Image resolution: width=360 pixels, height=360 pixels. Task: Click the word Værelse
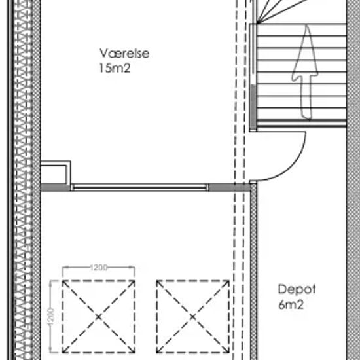point(124,53)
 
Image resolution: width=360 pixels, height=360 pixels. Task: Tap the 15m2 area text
point(115,68)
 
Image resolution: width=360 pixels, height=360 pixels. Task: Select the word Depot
point(297,290)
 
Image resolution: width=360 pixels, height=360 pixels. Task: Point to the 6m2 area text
point(291,304)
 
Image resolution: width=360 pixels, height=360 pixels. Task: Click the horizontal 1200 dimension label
point(98,268)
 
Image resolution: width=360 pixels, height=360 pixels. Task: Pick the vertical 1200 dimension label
point(51,317)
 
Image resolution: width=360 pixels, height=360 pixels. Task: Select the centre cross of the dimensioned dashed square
point(98,317)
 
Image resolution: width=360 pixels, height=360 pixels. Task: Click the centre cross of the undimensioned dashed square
point(193,317)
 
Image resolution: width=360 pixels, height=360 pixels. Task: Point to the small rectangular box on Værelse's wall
point(56,172)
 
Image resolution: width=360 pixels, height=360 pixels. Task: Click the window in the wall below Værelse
point(140,187)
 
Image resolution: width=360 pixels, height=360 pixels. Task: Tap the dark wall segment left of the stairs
point(253,107)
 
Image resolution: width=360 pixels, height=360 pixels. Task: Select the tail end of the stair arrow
point(306,118)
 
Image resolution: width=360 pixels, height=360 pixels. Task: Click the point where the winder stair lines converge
point(258,23)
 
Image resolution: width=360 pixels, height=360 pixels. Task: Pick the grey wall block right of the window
point(230,187)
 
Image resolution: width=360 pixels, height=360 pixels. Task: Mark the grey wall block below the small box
point(56,187)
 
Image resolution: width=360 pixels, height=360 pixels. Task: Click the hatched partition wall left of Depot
point(253,271)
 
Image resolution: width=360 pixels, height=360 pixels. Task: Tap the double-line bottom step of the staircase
point(301,123)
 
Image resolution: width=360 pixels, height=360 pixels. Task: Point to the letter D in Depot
point(281,289)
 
